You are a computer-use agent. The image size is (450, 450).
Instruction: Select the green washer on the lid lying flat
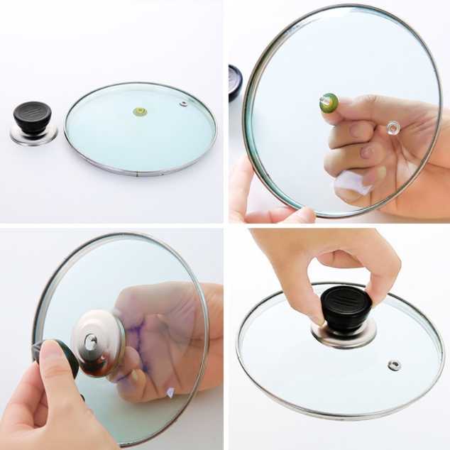pyautogui.click(x=140, y=111)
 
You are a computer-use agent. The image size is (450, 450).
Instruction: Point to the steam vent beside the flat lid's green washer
pyautogui.click(x=183, y=104)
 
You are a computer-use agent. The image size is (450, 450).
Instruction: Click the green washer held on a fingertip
pyautogui.click(x=328, y=104)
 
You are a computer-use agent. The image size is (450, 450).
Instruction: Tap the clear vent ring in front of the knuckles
pyautogui.click(x=393, y=128)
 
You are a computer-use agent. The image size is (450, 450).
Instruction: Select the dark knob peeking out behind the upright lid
pyautogui.click(x=235, y=82)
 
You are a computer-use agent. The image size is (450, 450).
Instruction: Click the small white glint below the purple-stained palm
pyautogui.click(x=170, y=391)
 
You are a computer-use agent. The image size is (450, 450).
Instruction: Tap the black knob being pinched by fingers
pyautogui.click(x=346, y=309)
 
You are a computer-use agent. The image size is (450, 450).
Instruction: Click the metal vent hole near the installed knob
pyautogui.click(x=394, y=365)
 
